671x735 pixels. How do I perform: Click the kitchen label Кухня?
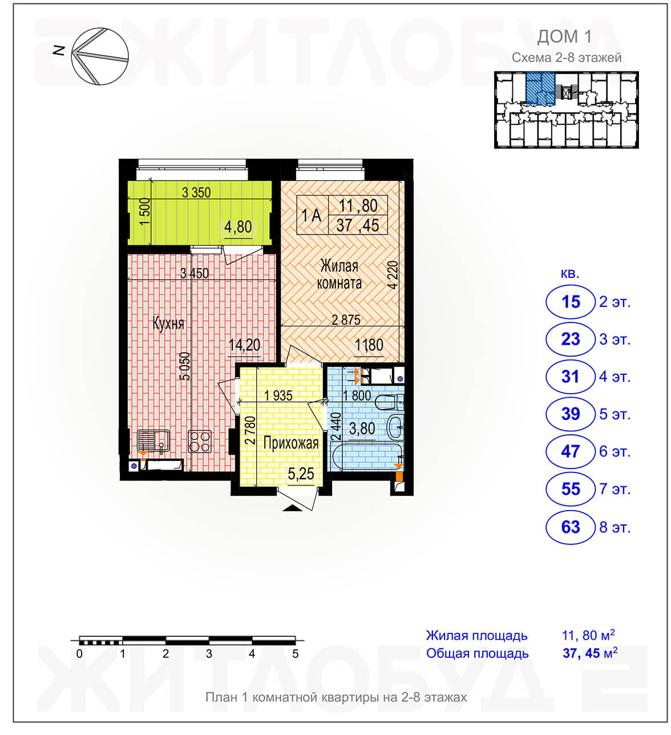(168, 324)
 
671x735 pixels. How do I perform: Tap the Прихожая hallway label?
(291, 443)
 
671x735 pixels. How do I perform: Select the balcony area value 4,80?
(238, 227)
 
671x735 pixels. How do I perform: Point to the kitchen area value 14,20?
(244, 345)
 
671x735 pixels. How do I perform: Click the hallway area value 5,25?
(301, 474)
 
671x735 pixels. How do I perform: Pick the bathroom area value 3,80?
(362, 429)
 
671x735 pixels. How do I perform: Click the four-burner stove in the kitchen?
(200, 442)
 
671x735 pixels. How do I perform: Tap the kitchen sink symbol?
(153, 441)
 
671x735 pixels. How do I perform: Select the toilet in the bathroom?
(390, 402)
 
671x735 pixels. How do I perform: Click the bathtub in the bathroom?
(367, 455)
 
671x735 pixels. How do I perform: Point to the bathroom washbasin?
(395, 427)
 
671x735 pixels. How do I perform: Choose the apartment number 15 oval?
(570, 302)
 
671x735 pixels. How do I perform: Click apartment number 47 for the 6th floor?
(570, 451)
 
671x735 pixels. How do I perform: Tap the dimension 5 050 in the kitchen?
(186, 366)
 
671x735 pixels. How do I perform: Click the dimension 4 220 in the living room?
(393, 275)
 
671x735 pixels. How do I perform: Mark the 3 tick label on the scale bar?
(209, 653)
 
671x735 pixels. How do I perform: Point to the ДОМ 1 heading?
(564, 37)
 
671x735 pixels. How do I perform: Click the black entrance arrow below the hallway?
(293, 508)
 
